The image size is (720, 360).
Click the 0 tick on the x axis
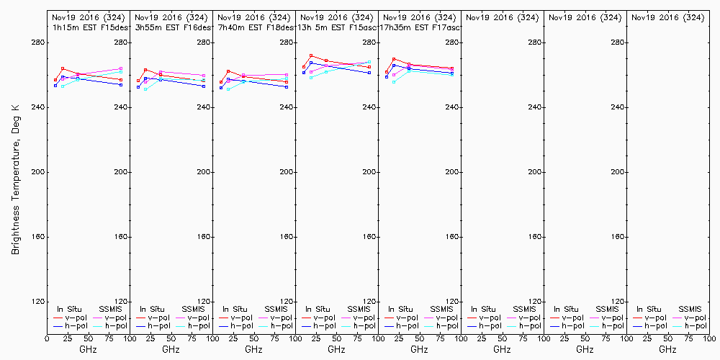pos(48,338)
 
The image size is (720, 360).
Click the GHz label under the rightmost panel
pos(667,349)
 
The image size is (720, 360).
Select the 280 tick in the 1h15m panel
pos(120,42)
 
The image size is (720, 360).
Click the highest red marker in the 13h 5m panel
pos(311,55)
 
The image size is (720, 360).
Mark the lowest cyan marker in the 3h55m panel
pos(145,89)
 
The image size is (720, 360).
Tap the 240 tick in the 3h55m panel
pos(203,107)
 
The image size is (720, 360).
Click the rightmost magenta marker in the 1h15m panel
pos(121,68)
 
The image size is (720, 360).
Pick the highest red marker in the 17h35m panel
pos(394,59)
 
